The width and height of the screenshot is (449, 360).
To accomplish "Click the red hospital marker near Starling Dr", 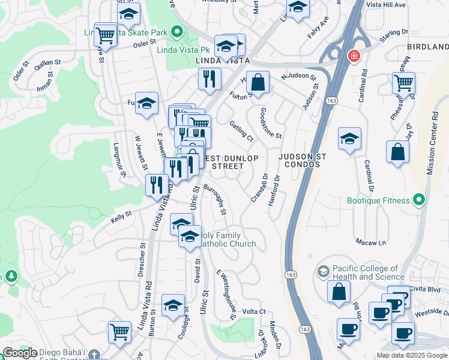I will tap(354, 56).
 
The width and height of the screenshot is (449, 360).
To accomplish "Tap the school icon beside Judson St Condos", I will tap(349, 139).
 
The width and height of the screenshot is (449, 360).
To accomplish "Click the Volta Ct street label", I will tap(253, 311).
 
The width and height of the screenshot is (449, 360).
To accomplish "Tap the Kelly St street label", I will tap(121, 217).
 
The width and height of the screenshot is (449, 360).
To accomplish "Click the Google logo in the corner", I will tap(20, 353).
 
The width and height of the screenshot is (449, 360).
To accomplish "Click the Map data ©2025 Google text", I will tap(412, 355).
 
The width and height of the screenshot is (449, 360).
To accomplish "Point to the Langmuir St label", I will tap(120, 160).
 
